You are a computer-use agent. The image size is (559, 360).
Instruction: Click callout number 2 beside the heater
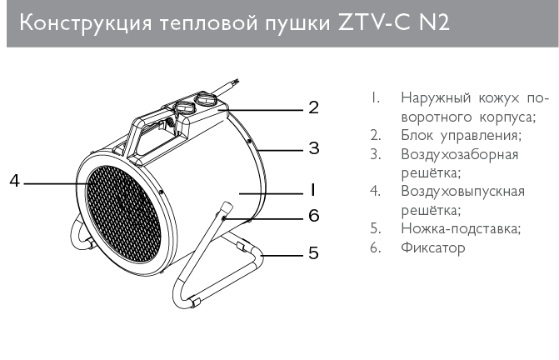pyautogui.click(x=314, y=107)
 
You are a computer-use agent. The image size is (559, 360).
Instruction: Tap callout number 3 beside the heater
pyautogui.click(x=314, y=148)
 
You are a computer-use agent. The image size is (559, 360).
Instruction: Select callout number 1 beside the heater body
pyautogui.click(x=312, y=190)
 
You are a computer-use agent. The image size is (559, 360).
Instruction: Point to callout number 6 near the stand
pyautogui.click(x=314, y=216)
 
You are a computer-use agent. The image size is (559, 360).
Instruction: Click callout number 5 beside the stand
pyautogui.click(x=314, y=252)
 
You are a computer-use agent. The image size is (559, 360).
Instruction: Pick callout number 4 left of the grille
pyautogui.click(x=14, y=180)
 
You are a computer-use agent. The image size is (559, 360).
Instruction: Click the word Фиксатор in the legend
pyautogui.click(x=433, y=247)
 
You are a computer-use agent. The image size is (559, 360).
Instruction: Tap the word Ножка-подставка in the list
pyautogui.click(x=461, y=228)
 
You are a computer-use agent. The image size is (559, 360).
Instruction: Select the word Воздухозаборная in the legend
pyautogui.click(x=460, y=155)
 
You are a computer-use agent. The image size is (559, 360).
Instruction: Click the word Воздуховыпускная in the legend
pyautogui.click(x=462, y=192)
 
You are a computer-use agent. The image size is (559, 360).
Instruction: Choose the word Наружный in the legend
pyautogui.click(x=436, y=98)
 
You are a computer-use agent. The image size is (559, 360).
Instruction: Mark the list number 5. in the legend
pyautogui.click(x=376, y=228)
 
